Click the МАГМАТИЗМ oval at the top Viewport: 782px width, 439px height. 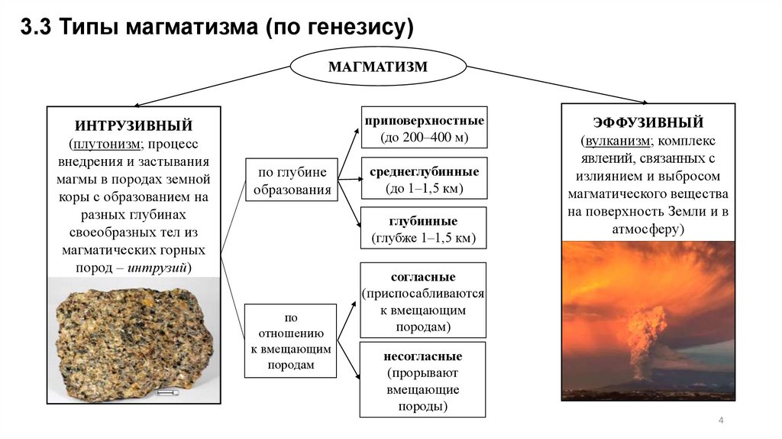point(378,67)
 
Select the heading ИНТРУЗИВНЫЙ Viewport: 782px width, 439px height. point(133,125)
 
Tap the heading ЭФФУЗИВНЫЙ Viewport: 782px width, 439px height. point(648,122)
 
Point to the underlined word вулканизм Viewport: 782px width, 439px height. point(616,141)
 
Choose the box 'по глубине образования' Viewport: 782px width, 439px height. point(292,180)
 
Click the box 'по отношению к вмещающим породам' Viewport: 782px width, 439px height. point(290,341)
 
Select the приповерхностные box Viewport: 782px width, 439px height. point(424,128)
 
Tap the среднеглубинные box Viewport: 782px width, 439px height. point(424,178)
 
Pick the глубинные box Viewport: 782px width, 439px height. point(424,228)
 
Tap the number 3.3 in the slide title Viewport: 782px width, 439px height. point(33,28)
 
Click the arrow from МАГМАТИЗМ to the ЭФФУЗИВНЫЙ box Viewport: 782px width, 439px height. point(557,86)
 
